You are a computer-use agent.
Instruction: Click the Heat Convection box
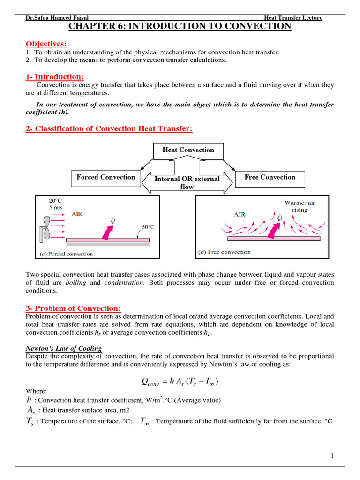(x=188, y=150)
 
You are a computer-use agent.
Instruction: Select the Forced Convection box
(x=105, y=177)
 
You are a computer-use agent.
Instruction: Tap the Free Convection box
(x=270, y=177)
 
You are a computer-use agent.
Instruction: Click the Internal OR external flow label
(x=187, y=183)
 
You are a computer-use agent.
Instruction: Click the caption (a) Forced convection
(x=67, y=254)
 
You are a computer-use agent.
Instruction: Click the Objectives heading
(x=46, y=44)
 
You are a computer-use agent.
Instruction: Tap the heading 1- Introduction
(x=54, y=76)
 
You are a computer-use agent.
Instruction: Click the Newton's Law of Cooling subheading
(x=63, y=348)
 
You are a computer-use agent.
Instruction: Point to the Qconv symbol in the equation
(x=150, y=382)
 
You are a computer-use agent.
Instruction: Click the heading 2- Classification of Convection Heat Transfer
(x=109, y=128)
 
